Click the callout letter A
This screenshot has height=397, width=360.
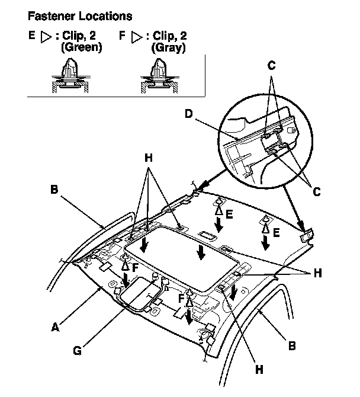coord(55,326)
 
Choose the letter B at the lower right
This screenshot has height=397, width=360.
coord(292,345)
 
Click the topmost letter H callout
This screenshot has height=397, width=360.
coord(148,159)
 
